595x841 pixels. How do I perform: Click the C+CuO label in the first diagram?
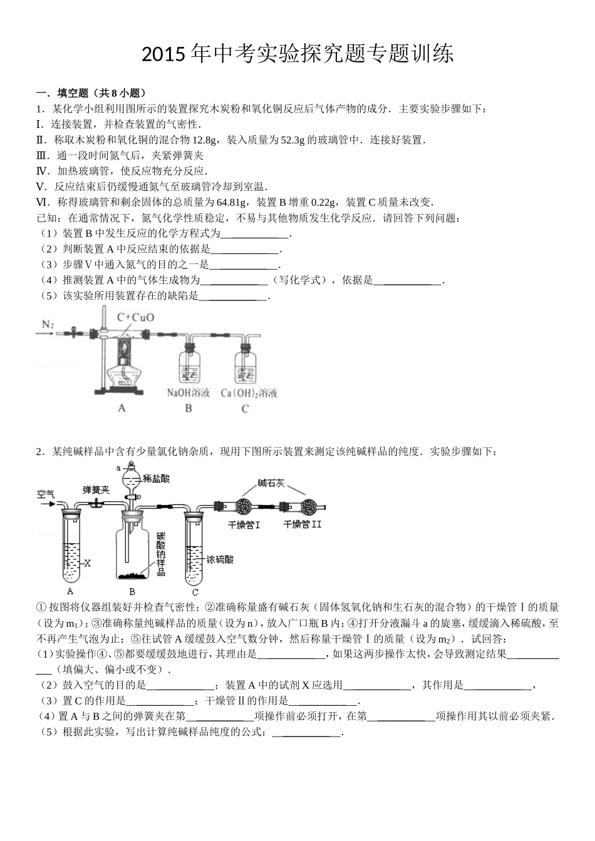click(135, 317)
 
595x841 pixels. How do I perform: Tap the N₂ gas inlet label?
click(48, 324)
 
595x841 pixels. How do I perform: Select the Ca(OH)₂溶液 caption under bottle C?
click(249, 393)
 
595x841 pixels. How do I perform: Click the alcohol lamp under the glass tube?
click(128, 372)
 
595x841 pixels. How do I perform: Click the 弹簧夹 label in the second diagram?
click(96, 490)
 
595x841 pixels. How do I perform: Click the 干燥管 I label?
click(244, 524)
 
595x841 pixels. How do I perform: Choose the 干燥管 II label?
click(303, 524)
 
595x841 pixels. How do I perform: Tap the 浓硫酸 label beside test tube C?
click(220, 560)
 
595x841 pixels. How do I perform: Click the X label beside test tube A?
click(87, 563)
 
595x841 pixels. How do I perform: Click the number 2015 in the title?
click(164, 55)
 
